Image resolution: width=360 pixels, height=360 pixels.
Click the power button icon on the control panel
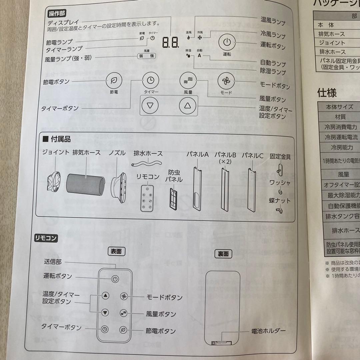click(x=227, y=42)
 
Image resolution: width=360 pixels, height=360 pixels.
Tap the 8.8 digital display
click(x=170, y=42)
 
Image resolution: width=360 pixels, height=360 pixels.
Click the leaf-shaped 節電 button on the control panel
click(x=114, y=80)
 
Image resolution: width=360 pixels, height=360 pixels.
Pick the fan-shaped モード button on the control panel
click(x=226, y=81)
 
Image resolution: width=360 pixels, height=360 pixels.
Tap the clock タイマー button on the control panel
click(x=151, y=80)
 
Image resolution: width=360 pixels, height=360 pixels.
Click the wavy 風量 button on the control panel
click(x=188, y=81)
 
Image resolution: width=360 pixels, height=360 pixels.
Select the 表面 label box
click(x=116, y=252)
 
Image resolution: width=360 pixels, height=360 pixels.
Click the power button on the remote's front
click(x=115, y=279)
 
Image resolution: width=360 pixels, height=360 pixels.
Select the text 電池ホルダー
click(x=268, y=331)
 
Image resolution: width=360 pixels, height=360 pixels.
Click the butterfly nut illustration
click(x=279, y=210)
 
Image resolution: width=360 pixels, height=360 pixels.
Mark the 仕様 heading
click(x=327, y=93)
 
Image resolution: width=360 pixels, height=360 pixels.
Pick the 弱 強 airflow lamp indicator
click(x=147, y=56)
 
